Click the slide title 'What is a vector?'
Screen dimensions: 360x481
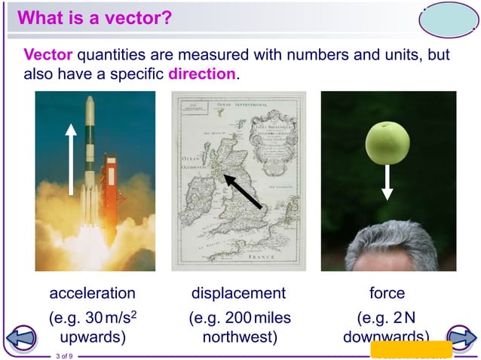(95, 18)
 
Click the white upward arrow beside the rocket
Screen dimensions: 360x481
(71, 160)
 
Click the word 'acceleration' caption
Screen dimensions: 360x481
(93, 293)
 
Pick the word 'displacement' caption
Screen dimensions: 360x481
(239, 293)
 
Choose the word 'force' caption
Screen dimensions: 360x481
(387, 293)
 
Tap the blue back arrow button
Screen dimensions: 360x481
(22, 337)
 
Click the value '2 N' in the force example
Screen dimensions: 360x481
(404, 318)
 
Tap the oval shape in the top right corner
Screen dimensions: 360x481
(448, 21)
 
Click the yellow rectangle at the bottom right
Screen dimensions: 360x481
(411, 349)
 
